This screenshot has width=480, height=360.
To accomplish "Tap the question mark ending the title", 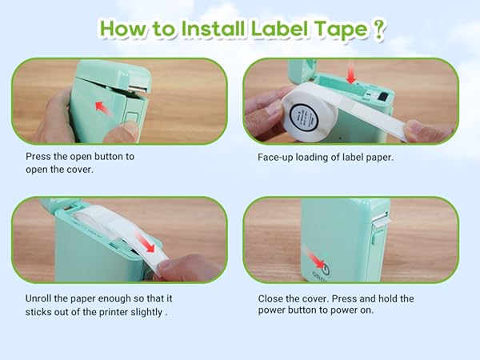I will click(379, 29).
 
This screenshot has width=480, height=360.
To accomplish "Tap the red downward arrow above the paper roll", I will click(350, 75).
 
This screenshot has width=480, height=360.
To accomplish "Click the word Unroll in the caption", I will click(41, 298).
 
